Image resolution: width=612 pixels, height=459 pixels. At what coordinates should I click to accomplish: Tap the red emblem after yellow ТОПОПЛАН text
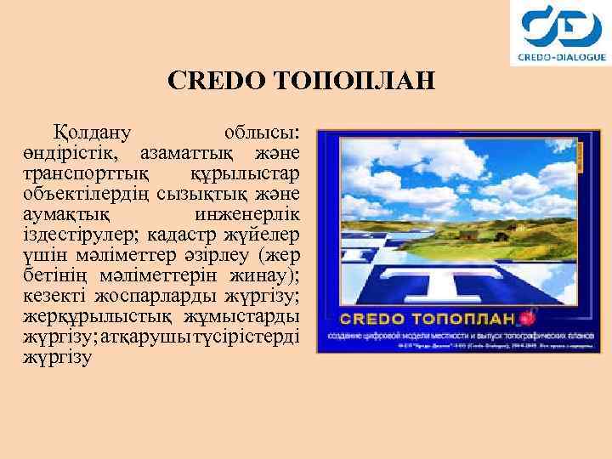coord(532,319)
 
